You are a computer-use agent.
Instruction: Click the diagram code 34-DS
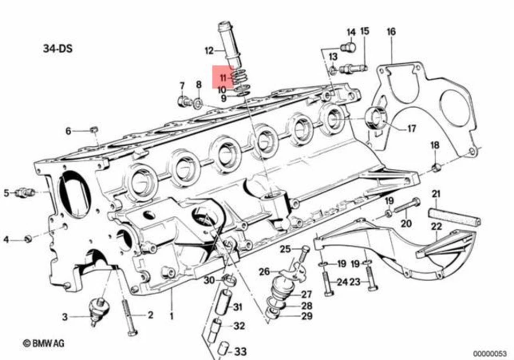click(57, 49)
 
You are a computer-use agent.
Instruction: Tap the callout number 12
click(209, 51)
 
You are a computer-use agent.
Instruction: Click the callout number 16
click(391, 32)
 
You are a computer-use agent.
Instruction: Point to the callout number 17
click(411, 129)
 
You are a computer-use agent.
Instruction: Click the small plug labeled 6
click(94, 129)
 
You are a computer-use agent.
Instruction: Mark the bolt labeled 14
click(349, 47)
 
